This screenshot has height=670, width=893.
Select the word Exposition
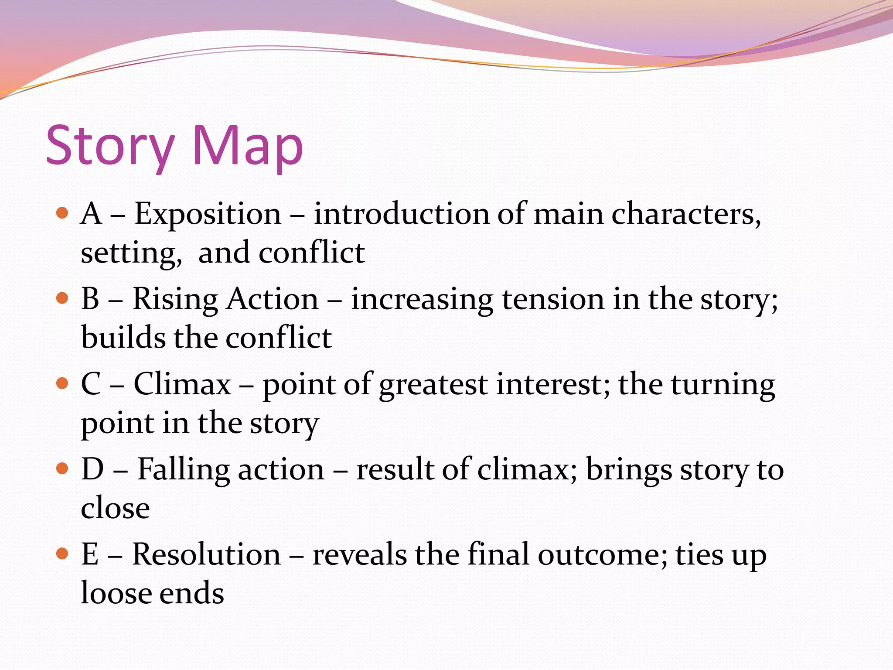pyautogui.click(x=208, y=215)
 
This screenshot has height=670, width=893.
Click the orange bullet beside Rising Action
pyautogui.click(x=63, y=298)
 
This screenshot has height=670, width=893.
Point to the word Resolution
pyautogui.click(x=206, y=555)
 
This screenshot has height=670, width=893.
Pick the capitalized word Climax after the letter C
pyautogui.click(x=182, y=384)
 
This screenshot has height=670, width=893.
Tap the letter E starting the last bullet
pyautogui.click(x=90, y=555)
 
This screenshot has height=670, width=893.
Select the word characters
pyautogui.click(x=686, y=215)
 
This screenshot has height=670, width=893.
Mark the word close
pyautogui.click(x=116, y=508)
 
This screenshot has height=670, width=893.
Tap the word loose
pyautogui.click(x=116, y=593)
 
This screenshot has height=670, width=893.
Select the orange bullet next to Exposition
pyautogui.click(x=63, y=213)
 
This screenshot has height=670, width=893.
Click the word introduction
pyautogui.click(x=402, y=215)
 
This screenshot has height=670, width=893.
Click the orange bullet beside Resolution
pyautogui.click(x=63, y=554)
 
